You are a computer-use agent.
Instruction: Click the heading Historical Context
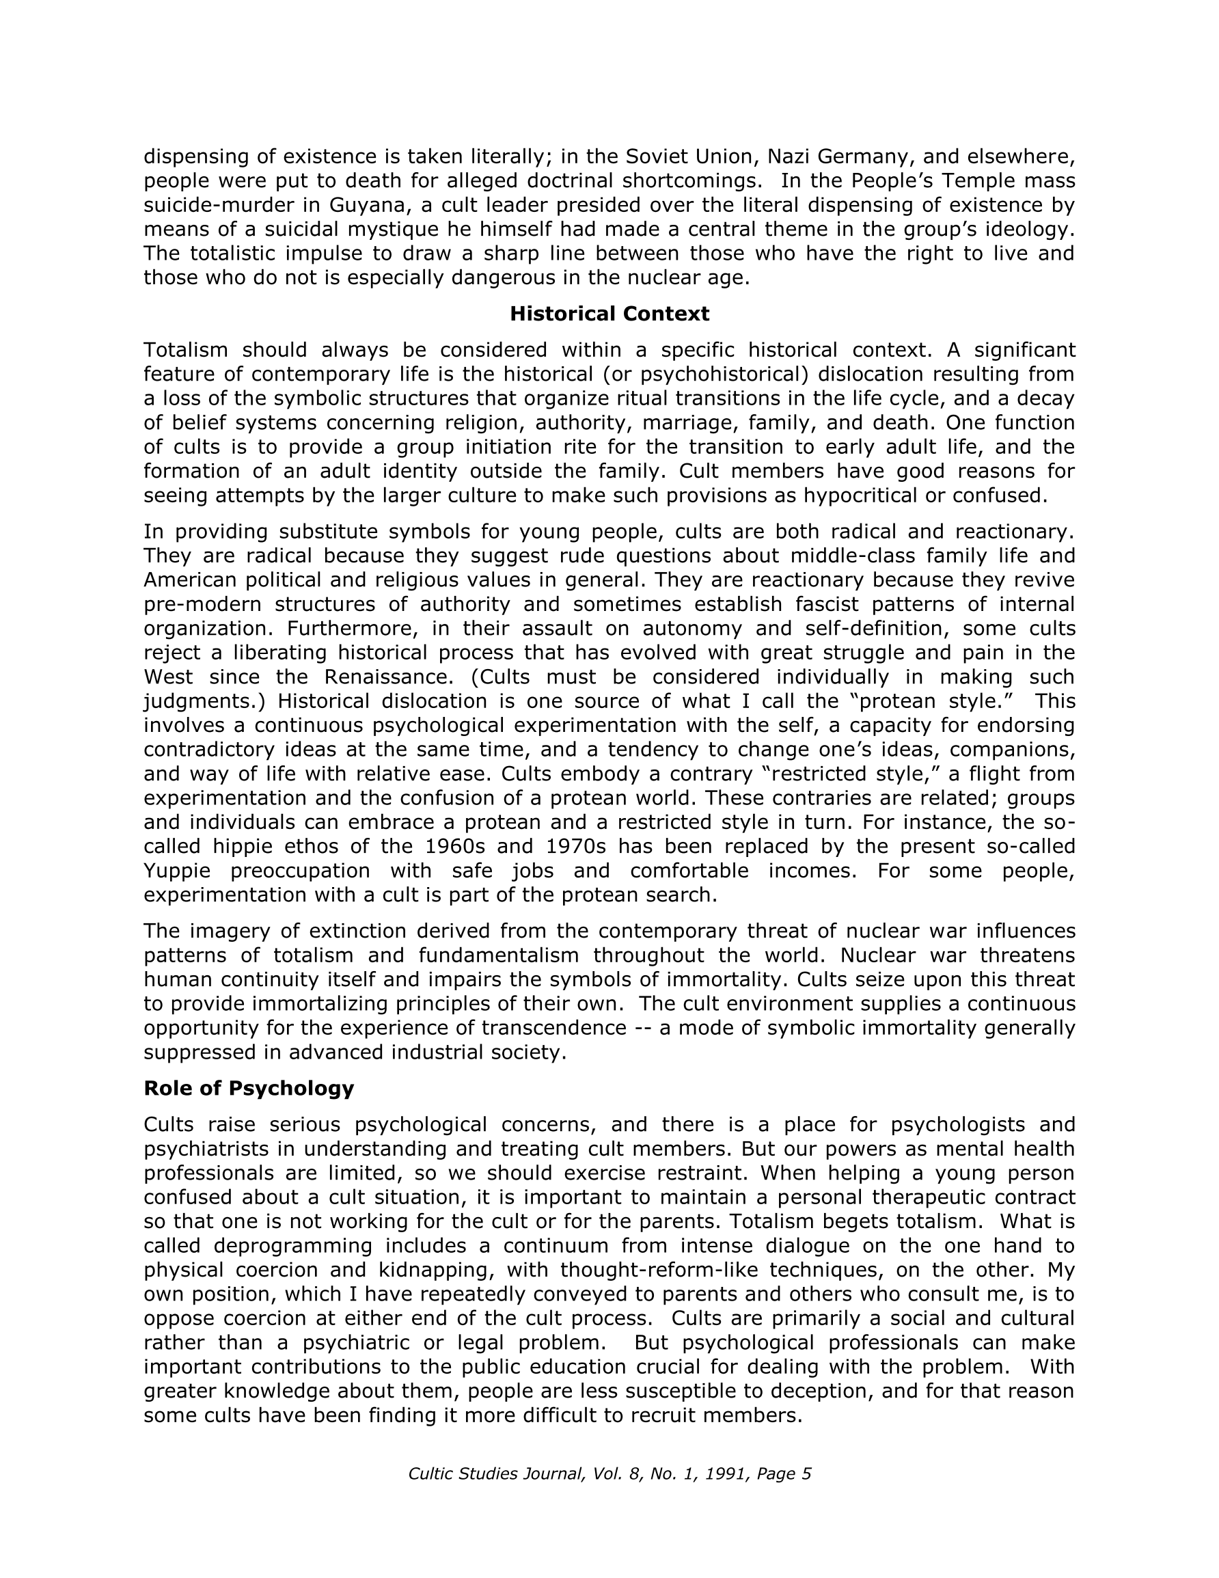(x=609, y=314)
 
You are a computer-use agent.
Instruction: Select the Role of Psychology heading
(x=249, y=1088)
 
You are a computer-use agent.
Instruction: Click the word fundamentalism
(x=498, y=955)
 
